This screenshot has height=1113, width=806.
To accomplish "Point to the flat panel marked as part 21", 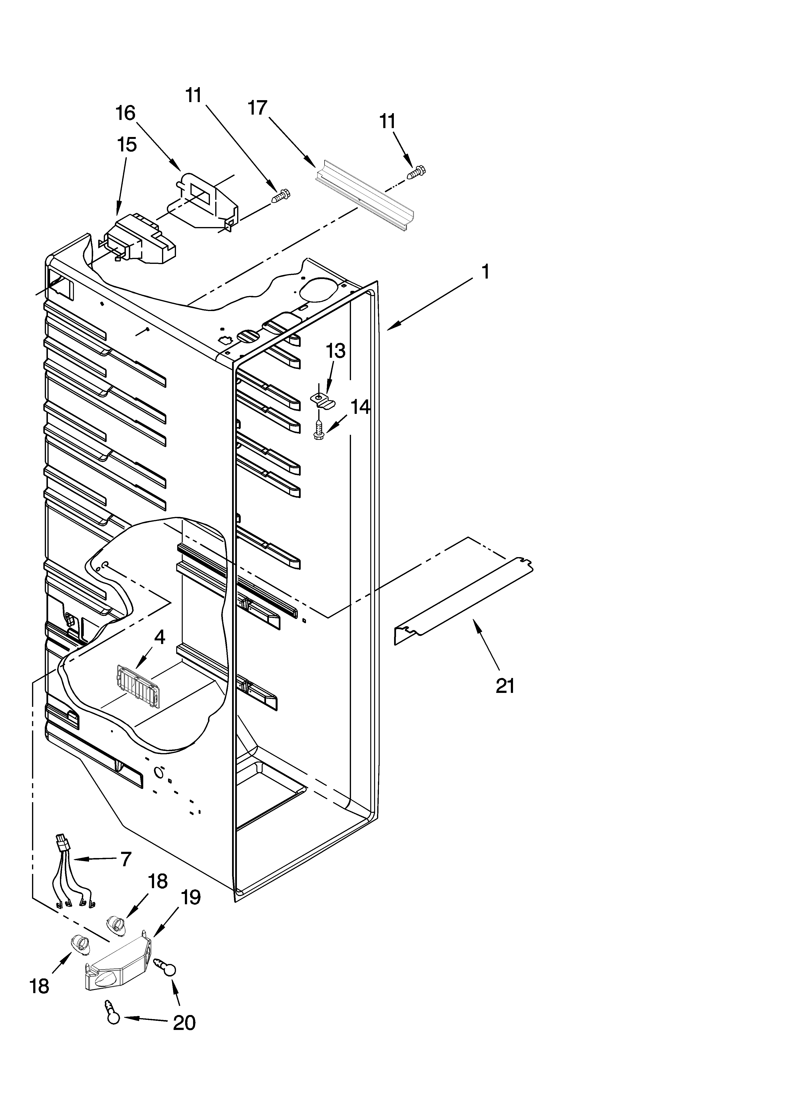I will [x=464, y=599].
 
